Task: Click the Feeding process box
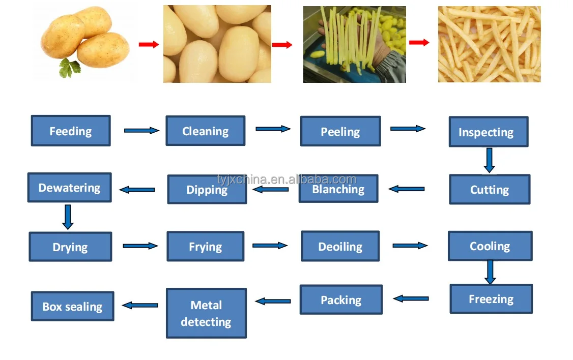coord(71,131)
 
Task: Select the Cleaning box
coord(205,131)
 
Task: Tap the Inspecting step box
coord(488,132)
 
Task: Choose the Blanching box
coord(338,189)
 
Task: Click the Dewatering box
coord(69,187)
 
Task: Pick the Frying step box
coord(205,247)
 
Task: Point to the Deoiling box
coord(340,246)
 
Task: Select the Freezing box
coord(491,298)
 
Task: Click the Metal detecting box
coord(206,313)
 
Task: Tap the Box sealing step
coord(72,306)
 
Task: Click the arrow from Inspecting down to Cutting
coord(489,160)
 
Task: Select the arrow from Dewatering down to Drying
coord(68,217)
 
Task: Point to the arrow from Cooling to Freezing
coord(490,272)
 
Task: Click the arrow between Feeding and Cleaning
coord(141,131)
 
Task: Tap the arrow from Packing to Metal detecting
coord(273,301)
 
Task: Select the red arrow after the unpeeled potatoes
coord(148,45)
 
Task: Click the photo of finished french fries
coord(489,44)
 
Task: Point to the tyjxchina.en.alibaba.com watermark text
coord(286,179)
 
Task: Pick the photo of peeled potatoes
coord(217,44)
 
